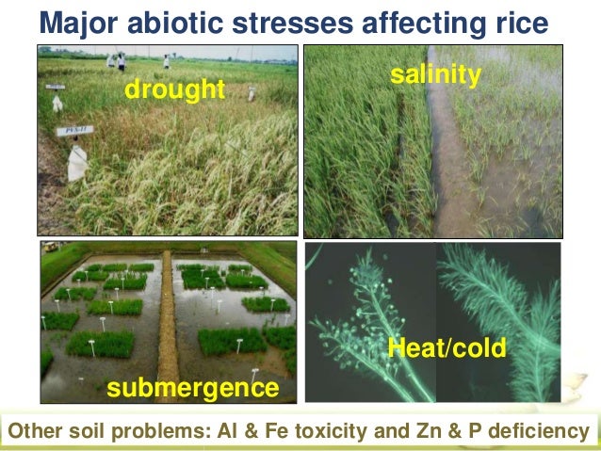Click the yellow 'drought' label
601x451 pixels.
[175, 90]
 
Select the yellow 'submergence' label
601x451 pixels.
[192, 388]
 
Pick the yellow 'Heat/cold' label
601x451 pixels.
[448, 349]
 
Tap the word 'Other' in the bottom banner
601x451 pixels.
[34, 432]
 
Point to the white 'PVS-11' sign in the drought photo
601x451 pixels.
[73, 131]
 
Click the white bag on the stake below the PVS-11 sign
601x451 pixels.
[77, 165]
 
